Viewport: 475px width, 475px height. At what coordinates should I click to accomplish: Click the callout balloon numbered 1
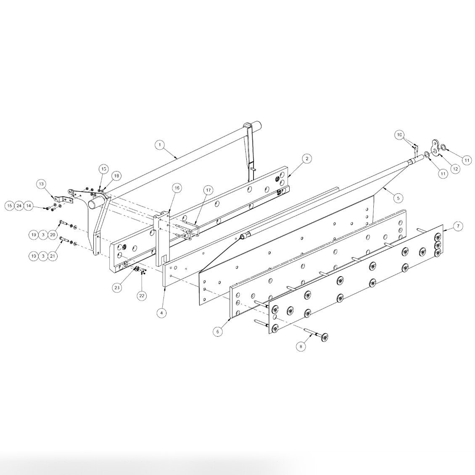point(159,145)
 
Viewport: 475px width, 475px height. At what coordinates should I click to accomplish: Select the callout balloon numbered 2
point(307,158)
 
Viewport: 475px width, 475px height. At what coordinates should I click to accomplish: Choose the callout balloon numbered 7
point(458,226)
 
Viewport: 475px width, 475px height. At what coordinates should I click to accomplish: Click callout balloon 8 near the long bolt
point(300,347)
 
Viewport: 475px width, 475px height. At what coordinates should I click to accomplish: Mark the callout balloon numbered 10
point(399,135)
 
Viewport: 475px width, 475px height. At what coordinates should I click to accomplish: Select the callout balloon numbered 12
point(454,168)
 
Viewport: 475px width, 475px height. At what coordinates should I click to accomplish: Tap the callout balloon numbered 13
point(41,184)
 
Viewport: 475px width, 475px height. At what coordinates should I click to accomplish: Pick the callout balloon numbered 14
point(29,206)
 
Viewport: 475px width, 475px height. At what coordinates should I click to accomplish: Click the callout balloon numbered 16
point(177,188)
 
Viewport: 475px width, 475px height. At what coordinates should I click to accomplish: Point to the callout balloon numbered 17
point(208,190)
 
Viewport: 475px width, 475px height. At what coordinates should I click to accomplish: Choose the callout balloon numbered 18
point(116,175)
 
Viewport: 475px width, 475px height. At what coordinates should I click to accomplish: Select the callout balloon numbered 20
point(53,235)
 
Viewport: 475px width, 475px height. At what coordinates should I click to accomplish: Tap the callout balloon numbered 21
point(53,256)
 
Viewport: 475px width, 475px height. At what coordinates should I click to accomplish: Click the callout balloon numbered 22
point(142,296)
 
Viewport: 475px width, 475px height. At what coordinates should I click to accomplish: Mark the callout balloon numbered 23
point(117,288)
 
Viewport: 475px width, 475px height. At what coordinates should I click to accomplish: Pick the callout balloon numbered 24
point(19,206)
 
